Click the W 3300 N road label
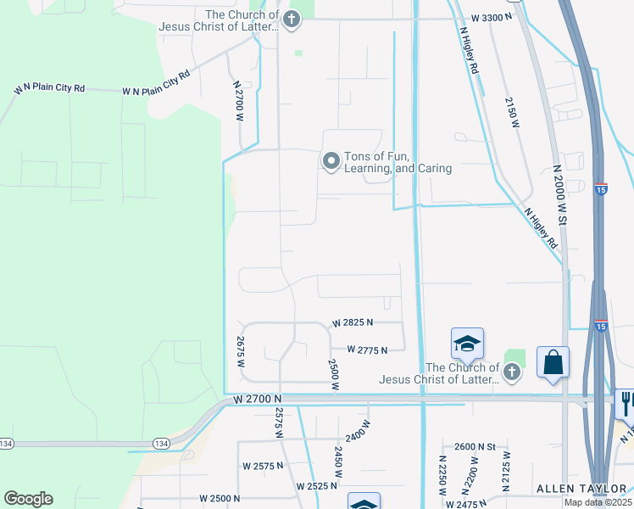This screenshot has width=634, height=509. pos(492,17)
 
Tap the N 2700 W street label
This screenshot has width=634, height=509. pos(238,101)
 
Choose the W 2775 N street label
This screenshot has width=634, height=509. pos(366,350)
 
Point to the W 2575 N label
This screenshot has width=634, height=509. pos(264,467)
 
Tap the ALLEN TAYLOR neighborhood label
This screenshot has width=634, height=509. pos(579,489)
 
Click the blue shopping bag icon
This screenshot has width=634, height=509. pos(553,362)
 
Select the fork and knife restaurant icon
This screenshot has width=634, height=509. pos(626,402)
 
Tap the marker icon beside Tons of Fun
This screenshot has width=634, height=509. pos(331,159)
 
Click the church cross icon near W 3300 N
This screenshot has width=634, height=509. pos(292,19)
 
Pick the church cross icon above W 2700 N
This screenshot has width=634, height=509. pos(511,372)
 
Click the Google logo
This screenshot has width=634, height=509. pos(28,499)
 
